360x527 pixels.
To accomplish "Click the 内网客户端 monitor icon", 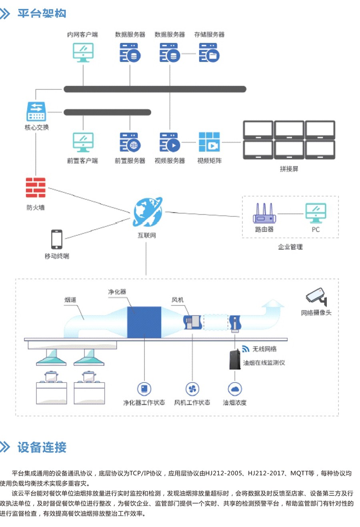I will [x=83, y=52].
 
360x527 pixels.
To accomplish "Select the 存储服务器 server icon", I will [x=209, y=53].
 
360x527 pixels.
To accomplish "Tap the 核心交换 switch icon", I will [x=36, y=111].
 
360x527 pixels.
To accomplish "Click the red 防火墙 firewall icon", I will [x=36, y=188].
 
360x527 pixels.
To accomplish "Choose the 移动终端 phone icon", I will [x=57, y=239].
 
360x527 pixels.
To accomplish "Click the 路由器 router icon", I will [x=264, y=213].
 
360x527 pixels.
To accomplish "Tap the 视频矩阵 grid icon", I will [x=209, y=142].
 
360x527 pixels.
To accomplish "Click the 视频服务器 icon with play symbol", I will [x=170, y=142].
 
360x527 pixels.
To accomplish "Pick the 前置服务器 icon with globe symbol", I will [x=130, y=142].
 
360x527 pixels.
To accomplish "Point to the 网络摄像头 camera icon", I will [x=316, y=297].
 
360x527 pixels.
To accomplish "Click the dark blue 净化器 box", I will [x=144, y=322].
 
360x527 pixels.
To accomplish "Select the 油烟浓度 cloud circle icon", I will [x=235, y=389].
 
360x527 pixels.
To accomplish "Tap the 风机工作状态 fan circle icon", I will [x=192, y=389].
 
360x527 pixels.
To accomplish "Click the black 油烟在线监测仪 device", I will [x=235, y=359].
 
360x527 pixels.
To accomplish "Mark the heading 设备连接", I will [x=42, y=447].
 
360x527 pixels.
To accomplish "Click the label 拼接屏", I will [x=289, y=169].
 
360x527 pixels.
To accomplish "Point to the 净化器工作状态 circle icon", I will [x=144, y=389].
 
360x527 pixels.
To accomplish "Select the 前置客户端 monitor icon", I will [x=83, y=142].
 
